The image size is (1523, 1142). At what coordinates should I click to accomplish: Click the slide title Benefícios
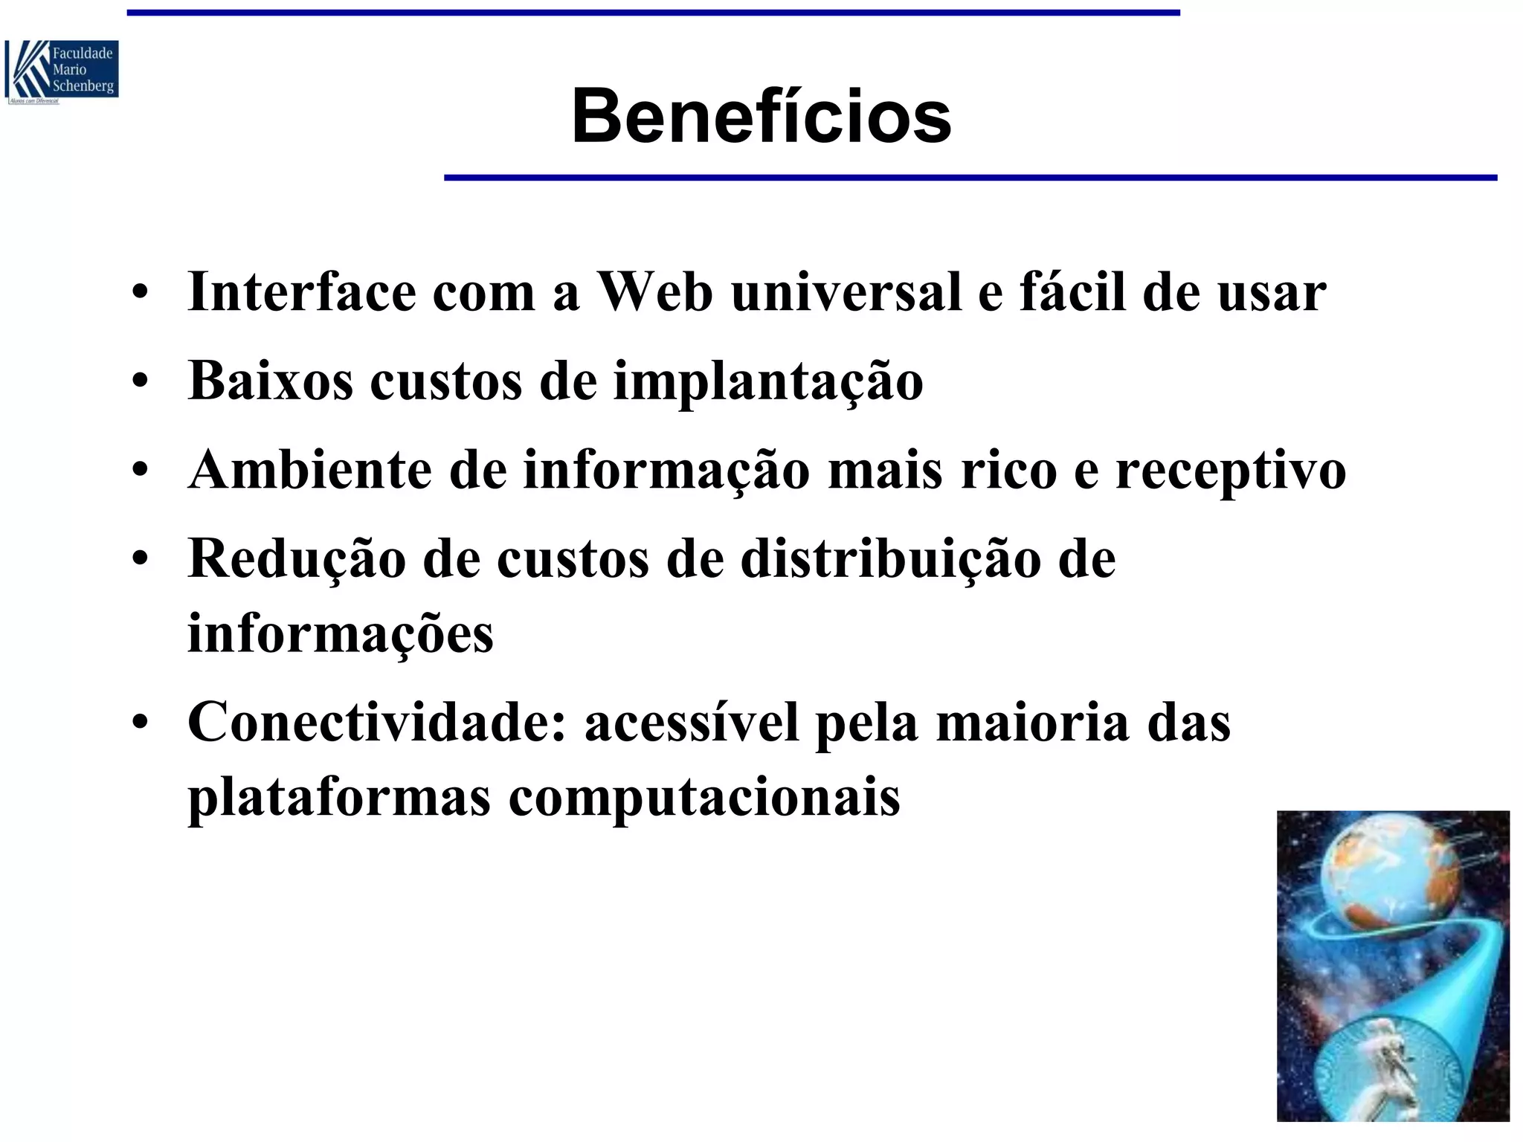[x=761, y=117]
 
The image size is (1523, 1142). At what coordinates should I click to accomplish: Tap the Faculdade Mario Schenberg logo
[x=62, y=72]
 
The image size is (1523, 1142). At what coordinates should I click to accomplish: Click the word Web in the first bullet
[x=655, y=291]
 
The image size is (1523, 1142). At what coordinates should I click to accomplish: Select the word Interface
[x=302, y=291]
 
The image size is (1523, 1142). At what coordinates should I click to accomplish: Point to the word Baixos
[x=271, y=381]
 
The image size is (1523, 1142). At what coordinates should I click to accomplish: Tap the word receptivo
[x=1230, y=471]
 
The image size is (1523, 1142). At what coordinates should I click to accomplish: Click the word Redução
[x=297, y=559]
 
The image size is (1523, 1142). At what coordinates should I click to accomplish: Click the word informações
[x=341, y=633]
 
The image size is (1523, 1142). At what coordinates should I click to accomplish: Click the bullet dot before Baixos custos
[x=139, y=382]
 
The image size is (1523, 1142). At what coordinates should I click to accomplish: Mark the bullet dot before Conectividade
[x=139, y=723]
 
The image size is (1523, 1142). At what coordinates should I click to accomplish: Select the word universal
[x=846, y=291]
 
